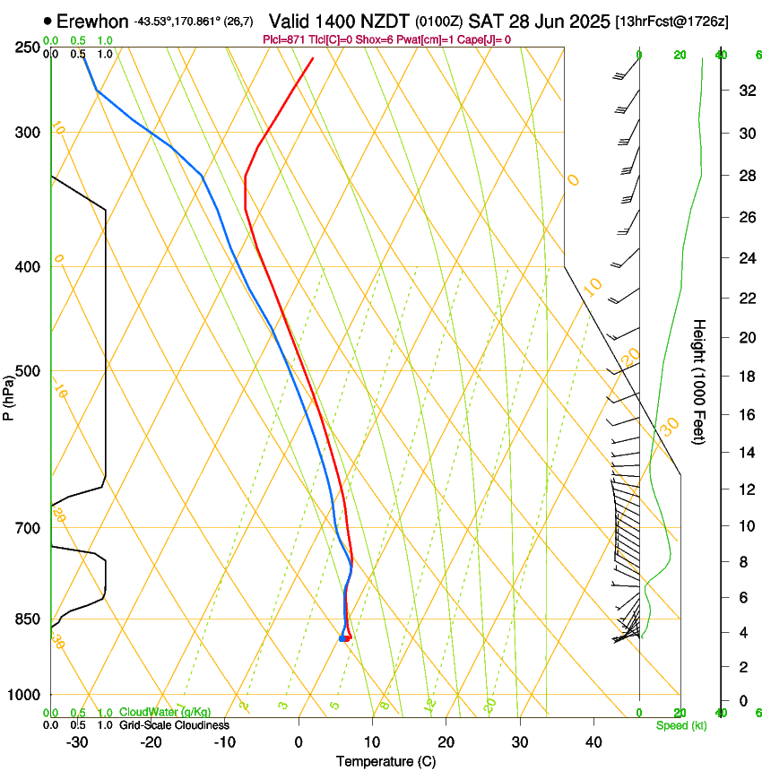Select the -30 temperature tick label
[x=77, y=741]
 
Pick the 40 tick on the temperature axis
[x=593, y=741]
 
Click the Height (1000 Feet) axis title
[x=700, y=381]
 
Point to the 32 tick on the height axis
[x=746, y=91]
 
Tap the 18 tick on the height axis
[x=746, y=377]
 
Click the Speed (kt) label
[x=681, y=725]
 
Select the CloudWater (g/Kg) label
[x=166, y=713]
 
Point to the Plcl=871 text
[x=284, y=39]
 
